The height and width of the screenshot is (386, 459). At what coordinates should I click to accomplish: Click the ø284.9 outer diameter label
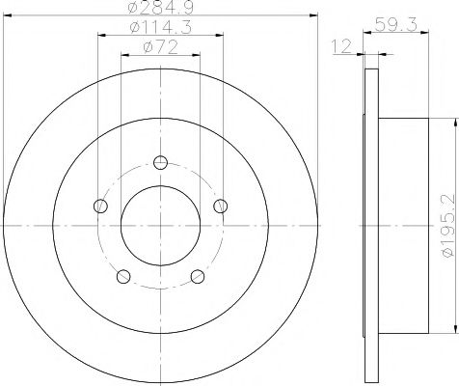point(159,10)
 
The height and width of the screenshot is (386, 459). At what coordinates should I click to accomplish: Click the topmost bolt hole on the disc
point(160,162)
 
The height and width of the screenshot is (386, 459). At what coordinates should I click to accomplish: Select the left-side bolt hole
point(100,205)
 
